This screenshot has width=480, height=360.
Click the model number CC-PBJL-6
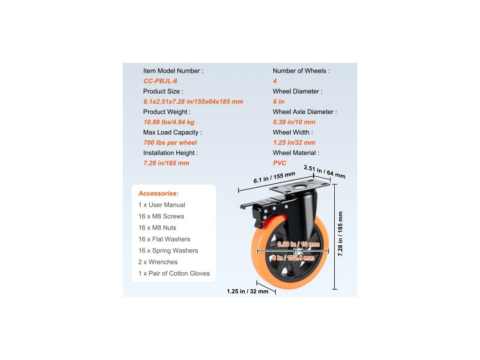coord(160,81)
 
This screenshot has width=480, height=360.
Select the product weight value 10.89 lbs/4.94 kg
coord(169,122)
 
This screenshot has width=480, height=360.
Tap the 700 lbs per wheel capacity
coord(170,142)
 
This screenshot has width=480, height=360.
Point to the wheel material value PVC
coord(280,163)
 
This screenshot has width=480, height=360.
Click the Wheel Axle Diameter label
coord(305,112)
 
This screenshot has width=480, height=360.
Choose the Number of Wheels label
coord(301,71)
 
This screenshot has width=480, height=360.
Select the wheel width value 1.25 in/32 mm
coord(294,142)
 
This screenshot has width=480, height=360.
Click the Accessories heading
coord(158,193)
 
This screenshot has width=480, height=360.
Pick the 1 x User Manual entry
coord(162,205)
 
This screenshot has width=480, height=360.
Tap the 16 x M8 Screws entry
coord(161,216)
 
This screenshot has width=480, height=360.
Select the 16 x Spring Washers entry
coord(168,250)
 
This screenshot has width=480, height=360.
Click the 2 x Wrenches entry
coord(158,262)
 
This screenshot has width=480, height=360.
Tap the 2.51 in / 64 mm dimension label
coord(324,172)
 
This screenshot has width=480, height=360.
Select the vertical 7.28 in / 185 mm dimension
coord(340,233)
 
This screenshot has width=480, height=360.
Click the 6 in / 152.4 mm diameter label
coord(293,258)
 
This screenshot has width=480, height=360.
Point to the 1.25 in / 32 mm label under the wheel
coord(247,291)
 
